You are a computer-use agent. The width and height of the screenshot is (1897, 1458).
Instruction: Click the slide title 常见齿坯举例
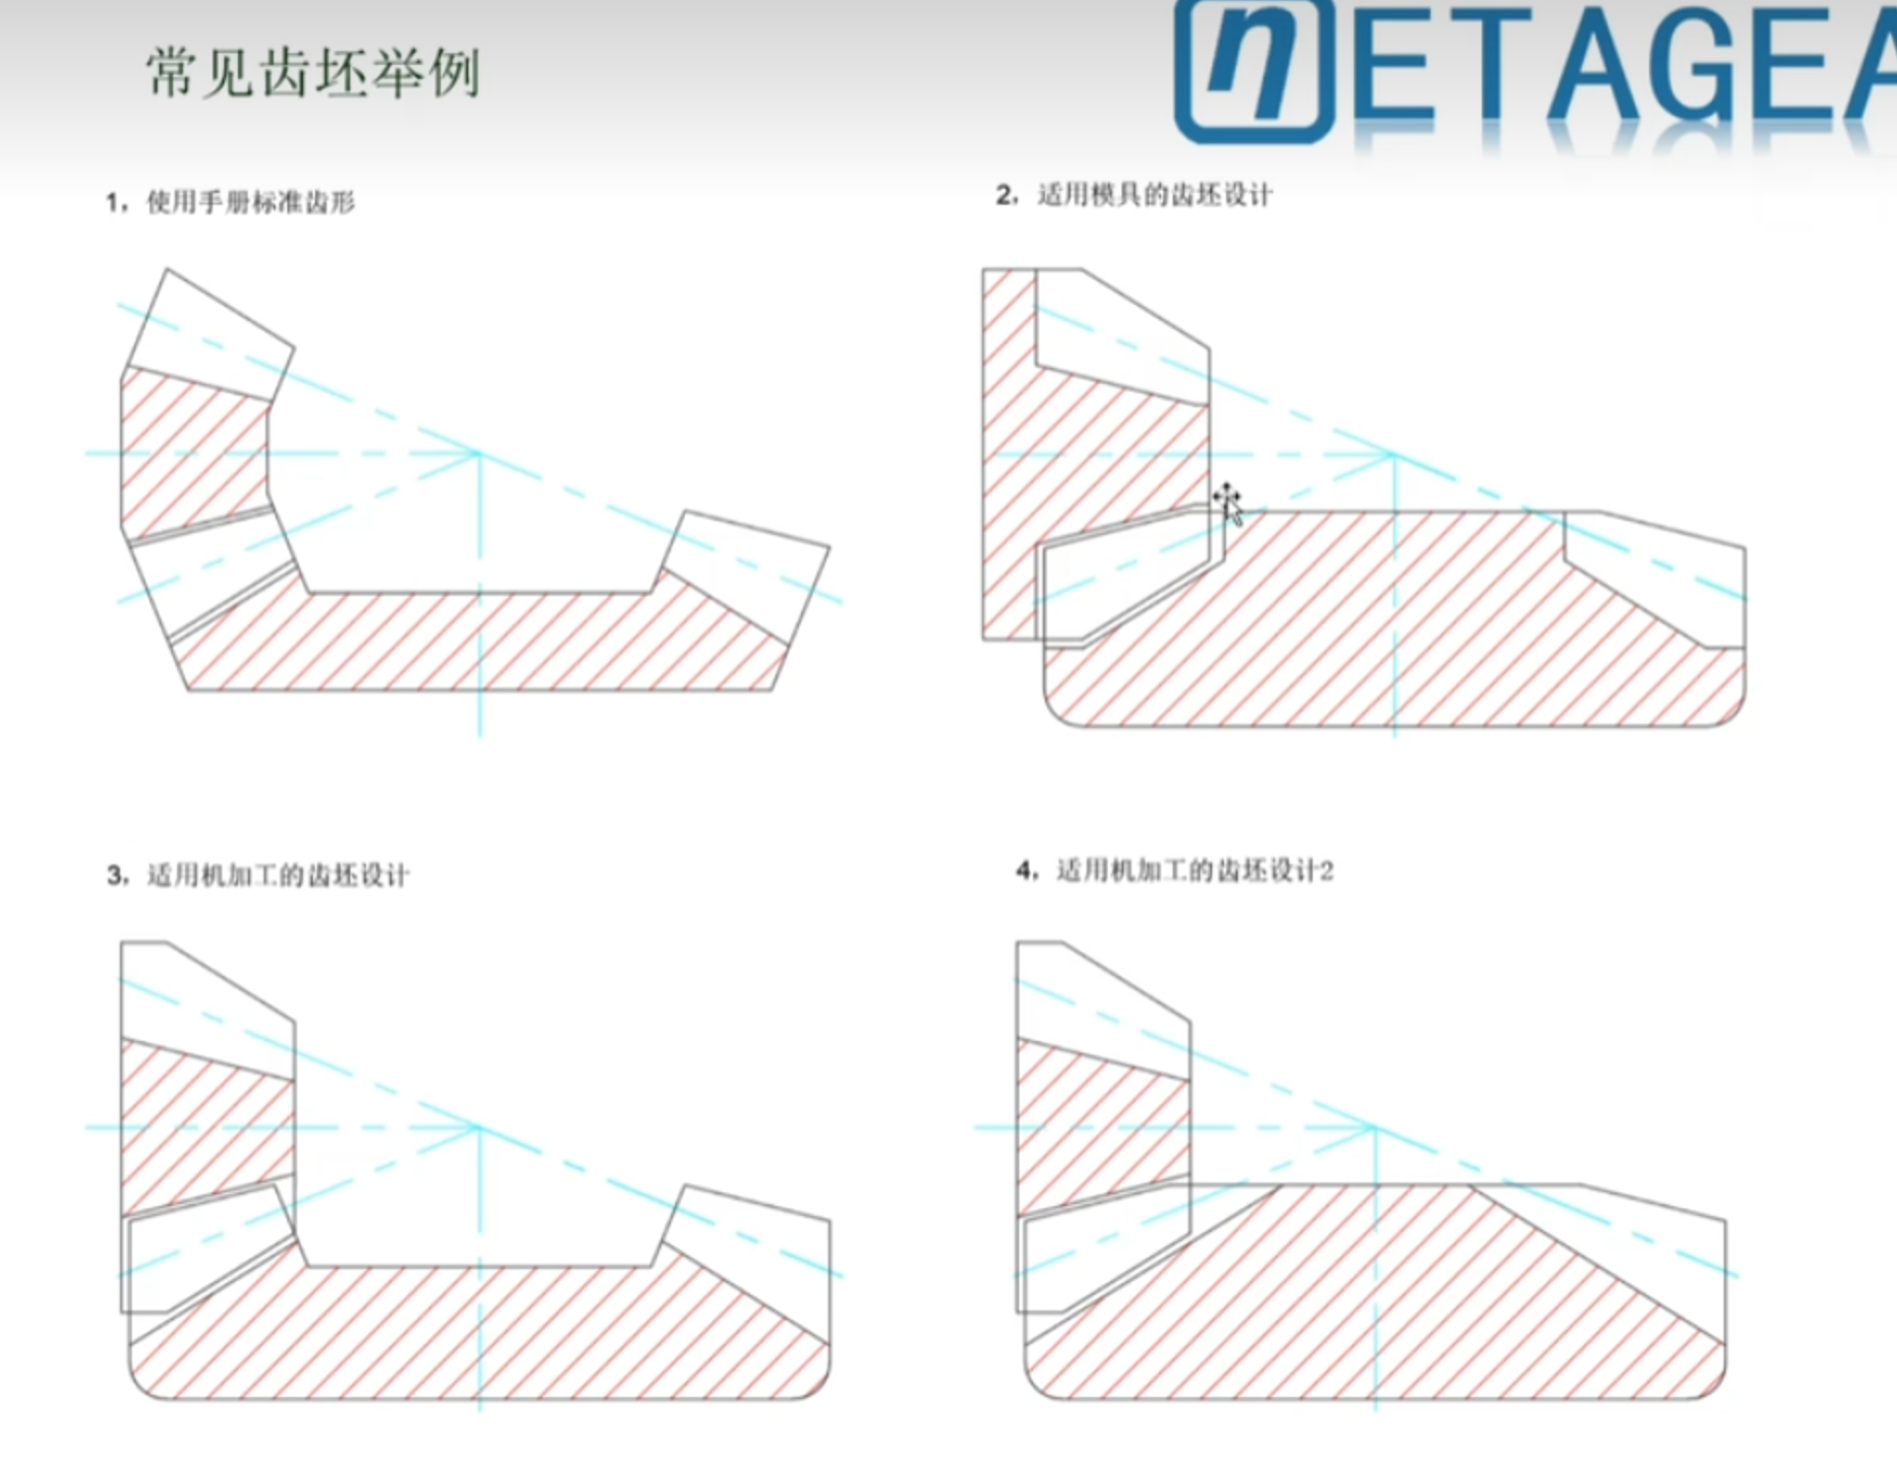pos(313,73)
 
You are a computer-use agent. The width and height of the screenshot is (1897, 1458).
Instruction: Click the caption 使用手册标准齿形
pos(251,202)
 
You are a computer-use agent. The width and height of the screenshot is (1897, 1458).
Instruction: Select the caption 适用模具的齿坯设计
pos(1155,195)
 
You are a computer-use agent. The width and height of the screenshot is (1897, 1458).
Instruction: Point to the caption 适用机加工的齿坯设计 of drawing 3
pos(278,875)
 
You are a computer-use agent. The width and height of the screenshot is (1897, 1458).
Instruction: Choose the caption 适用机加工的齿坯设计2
pos(1194,871)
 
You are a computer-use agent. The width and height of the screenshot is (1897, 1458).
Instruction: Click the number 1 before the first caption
pos(114,203)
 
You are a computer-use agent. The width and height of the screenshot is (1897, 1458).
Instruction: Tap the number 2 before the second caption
pos(1005,195)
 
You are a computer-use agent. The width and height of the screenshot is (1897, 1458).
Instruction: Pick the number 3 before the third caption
pos(115,876)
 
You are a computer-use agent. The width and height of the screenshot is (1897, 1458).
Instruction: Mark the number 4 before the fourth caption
pos(1024,871)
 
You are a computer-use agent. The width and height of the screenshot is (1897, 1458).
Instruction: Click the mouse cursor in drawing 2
pos(1228,504)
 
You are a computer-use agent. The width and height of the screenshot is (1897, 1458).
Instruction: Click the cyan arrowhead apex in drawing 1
pos(478,454)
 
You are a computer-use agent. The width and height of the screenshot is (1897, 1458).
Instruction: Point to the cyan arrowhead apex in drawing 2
pos(1393,455)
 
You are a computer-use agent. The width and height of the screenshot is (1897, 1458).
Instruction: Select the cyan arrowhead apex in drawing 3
pos(478,1127)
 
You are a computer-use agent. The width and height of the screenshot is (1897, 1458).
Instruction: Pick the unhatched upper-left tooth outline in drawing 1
pos(210,333)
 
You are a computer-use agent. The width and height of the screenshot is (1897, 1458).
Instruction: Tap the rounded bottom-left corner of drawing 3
pos(140,1387)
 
